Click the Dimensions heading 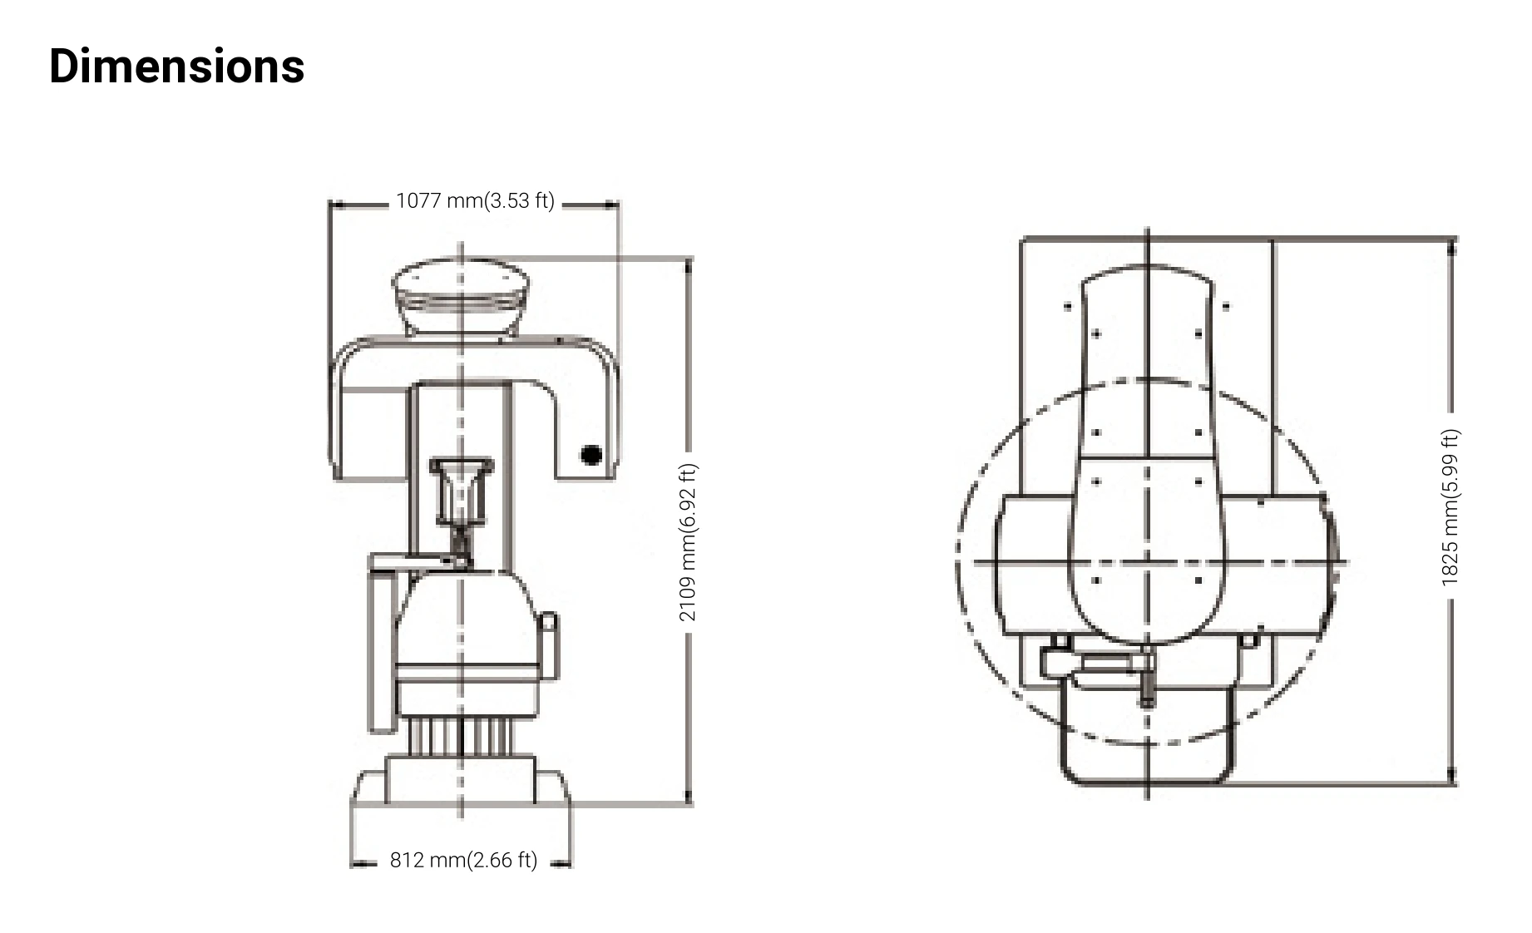176,67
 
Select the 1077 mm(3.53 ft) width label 475,201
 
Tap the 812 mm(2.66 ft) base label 463,860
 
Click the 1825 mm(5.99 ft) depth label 1450,507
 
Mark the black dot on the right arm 591,455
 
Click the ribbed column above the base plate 461,735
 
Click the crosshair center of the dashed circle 1148,562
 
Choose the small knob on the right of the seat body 549,635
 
